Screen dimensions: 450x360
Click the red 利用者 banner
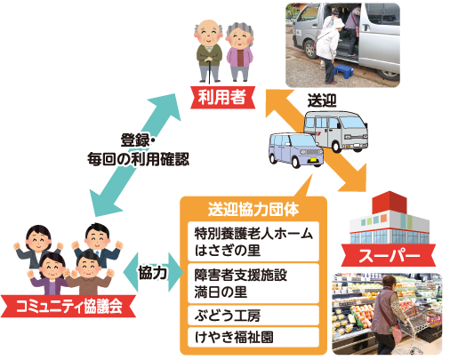pyautogui.click(x=222, y=97)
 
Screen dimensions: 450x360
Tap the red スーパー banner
pyautogui.click(x=389, y=255)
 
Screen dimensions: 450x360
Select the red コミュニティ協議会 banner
pyautogui.click(x=68, y=306)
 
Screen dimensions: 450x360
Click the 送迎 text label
pyautogui.click(x=322, y=100)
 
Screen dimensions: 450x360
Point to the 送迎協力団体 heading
pyautogui.click(x=253, y=210)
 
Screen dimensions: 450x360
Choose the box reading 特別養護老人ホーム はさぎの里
pyautogui.click(x=253, y=242)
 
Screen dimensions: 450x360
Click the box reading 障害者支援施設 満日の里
pyautogui.click(x=253, y=284)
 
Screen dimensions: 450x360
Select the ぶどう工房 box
pyautogui.click(x=253, y=316)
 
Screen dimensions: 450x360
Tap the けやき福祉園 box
pyautogui.click(x=253, y=337)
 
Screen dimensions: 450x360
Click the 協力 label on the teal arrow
pyautogui.click(x=152, y=272)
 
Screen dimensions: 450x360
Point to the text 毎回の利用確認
pyautogui.click(x=138, y=159)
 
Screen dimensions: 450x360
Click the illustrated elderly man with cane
pyautogui.click(x=209, y=51)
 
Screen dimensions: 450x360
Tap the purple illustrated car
pyautogui.click(x=295, y=150)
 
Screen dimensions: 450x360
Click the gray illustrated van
pyautogui.click(x=336, y=131)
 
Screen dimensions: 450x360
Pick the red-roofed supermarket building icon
pyautogui.click(x=390, y=218)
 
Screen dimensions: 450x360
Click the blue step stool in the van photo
pyautogui.click(x=343, y=71)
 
